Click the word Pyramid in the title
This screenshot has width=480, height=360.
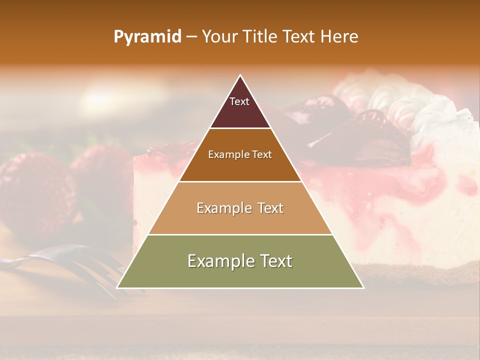pyautogui.click(x=147, y=37)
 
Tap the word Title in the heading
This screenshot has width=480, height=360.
pyautogui.click(x=260, y=37)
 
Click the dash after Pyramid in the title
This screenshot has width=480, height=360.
pyautogui.click(x=191, y=37)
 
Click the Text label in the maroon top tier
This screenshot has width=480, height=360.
pyautogui.click(x=239, y=101)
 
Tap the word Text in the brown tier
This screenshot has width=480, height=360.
pyautogui.click(x=262, y=155)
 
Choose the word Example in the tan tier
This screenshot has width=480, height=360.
pyautogui.click(x=224, y=208)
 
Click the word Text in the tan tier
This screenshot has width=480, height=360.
pyautogui.click(x=270, y=208)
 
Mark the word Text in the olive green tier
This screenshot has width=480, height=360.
pyautogui.click(x=275, y=261)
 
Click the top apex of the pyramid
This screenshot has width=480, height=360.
pyautogui.click(x=240, y=75)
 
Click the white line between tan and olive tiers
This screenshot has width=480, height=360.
pyautogui.click(x=240, y=234)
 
